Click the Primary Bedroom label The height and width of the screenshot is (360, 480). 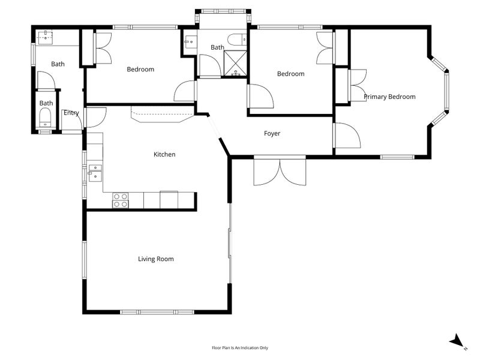click(389, 97)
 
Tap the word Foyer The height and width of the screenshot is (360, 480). click(272, 134)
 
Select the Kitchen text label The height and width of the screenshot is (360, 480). click(164, 155)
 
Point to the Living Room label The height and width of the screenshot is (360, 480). click(156, 259)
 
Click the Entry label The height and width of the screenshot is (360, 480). click(71, 113)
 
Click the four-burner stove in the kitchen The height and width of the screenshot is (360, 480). click(120, 200)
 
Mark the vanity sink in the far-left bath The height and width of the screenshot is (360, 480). click(45, 37)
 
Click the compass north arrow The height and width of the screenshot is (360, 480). click(458, 341)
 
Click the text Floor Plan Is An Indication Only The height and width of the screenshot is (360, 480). click(240, 347)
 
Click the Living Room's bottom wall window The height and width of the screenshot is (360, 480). click(157, 312)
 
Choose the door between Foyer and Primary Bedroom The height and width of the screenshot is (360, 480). click(345, 136)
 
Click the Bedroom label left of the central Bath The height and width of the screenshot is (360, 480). click(140, 70)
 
